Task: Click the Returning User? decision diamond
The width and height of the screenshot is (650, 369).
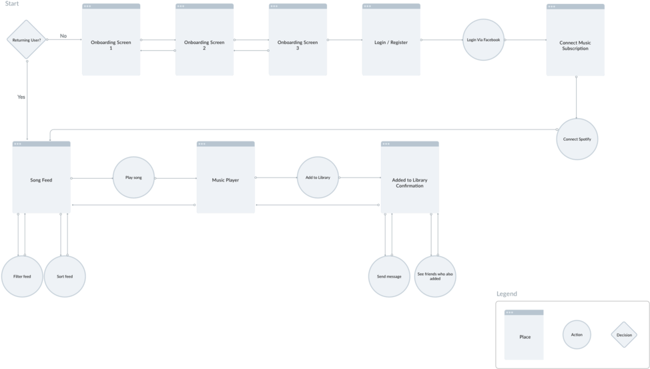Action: tap(27, 40)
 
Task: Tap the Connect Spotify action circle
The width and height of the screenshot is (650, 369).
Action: tap(577, 139)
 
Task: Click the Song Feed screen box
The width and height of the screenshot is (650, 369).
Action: tap(41, 179)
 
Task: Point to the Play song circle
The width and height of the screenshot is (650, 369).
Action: tap(133, 178)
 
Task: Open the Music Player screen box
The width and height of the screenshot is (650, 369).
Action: tap(226, 179)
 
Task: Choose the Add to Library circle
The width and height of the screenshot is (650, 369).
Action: tap(318, 177)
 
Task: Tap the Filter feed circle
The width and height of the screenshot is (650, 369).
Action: tap(22, 276)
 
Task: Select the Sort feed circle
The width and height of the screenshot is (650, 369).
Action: tap(65, 276)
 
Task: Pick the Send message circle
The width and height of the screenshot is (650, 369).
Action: tap(389, 276)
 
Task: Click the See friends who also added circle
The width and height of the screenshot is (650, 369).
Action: tap(435, 275)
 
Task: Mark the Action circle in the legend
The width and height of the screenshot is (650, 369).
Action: tap(577, 335)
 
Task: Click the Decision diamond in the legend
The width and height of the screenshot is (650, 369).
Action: tap(624, 335)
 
